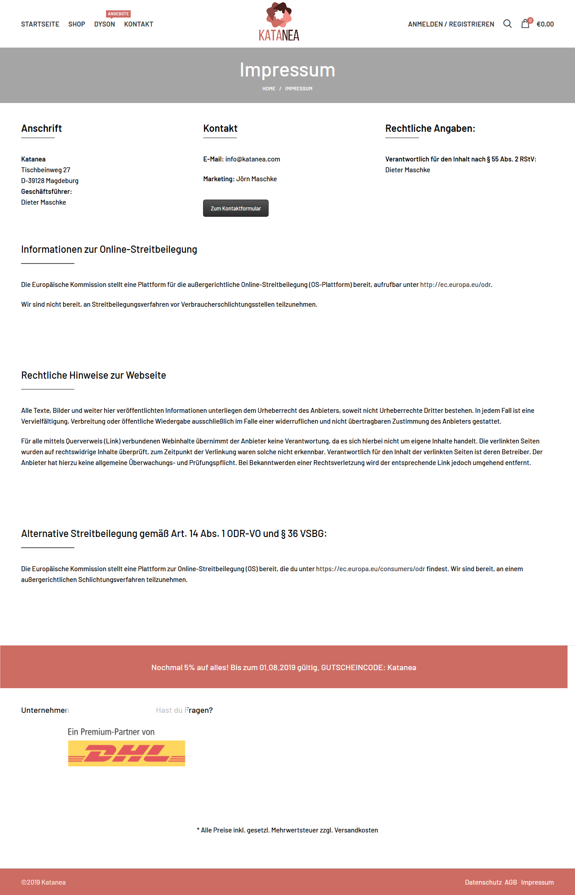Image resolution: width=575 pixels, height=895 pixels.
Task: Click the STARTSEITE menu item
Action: (x=40, y=24)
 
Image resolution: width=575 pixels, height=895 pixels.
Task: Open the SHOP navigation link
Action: (x=76, y=24)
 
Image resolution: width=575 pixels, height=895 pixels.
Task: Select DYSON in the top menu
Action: (x=104, y=24)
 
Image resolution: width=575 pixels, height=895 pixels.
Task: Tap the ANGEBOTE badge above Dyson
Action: (x=118, y=14)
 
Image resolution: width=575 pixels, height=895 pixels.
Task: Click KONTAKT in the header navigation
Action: (x=138, y=24)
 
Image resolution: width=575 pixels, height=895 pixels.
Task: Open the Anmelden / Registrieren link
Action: (x=451, y=24)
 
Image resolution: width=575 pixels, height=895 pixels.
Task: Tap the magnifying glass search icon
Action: (x=507, y=24)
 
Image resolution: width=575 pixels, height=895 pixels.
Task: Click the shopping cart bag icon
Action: (x=525, y=24)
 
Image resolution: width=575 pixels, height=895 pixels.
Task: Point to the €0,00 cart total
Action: (x=545, y=24)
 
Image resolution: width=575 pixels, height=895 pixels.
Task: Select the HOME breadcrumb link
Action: (x=269, y=89)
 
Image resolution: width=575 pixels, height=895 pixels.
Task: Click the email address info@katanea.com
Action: (x=252, y=159)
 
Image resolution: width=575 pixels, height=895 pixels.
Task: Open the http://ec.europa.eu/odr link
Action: (x=455, y=285)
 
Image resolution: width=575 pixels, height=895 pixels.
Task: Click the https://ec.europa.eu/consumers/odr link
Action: (x=370, y=569)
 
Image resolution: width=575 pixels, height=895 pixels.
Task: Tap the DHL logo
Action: (x=126, y=753)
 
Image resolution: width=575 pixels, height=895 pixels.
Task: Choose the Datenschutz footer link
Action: (x=483, y=882)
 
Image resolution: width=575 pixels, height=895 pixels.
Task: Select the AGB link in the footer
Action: (x=510, y=882)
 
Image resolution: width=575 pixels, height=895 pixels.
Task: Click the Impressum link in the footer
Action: (x=537, y=882)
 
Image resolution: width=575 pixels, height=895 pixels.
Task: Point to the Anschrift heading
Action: (x=41, y=129)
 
